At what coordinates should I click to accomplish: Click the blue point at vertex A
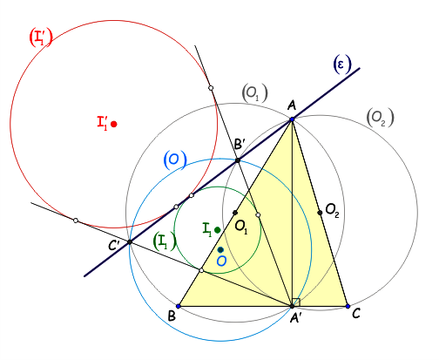click(x=292, y=119)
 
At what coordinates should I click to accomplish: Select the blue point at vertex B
click(x=179, y=306)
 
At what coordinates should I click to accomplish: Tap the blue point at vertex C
click(x=348, y=306)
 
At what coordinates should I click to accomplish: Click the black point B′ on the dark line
click(x=238, y=160)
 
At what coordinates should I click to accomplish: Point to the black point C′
click(x=130, y=241)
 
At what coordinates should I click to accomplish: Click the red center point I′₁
click(x=114, y=124)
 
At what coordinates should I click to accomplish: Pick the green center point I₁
click(x=217, y=230)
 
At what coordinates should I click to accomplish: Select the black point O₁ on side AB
click(x=235, y=213)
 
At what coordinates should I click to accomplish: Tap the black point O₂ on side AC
click(x=320, y=213)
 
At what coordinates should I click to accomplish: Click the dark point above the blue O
click(x=220, y=249)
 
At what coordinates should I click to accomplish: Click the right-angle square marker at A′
click(x=296, y=302)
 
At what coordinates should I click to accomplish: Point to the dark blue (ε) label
click(x=341, y=65)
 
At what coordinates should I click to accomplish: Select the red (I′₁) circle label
click(x=41, y=38)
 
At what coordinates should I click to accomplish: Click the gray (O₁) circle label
click(x=254, y=93)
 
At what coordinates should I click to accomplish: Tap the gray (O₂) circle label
click(x=381, y=118)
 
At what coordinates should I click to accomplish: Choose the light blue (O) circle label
click(x=175, y=160)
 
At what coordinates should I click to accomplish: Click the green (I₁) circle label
click(x=165, y=242)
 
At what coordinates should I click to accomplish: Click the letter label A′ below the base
click(x=297, y=318)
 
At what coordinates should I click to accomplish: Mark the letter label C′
click(x=114, y=246)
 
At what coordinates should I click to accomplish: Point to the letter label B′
click(x=240, y=144)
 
